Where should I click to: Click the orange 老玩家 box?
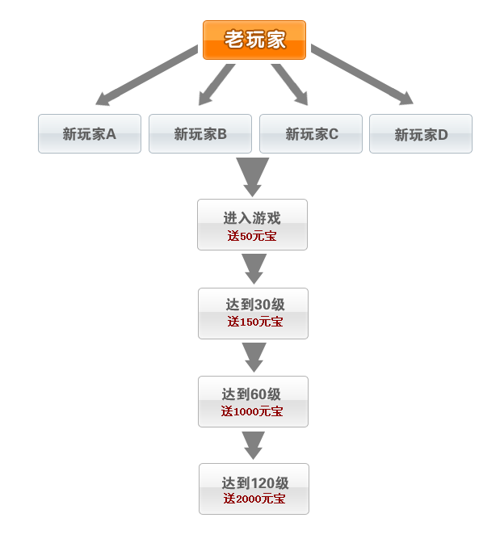coord(254,40)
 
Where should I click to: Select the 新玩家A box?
coord(90,133)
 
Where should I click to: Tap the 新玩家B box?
coord(200,133)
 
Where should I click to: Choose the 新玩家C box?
coord(311,133)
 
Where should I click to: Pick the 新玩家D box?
coord(421,133)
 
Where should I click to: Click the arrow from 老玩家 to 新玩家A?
coord(147,75)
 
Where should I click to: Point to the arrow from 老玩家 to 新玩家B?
coord(217,84)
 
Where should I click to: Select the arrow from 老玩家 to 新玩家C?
coord(289,84)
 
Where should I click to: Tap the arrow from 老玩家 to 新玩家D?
coord(362,74)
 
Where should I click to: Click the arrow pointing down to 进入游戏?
coord(252,177)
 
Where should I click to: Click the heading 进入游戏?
coord(252,218)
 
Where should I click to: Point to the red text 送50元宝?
coord(252,236)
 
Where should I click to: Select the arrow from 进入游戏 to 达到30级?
coord(254,269)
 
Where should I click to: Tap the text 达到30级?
coord(255,304)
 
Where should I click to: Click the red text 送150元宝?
coord(255,322)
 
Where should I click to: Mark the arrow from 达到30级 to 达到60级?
coord(254,357)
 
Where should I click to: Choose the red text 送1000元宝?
coord(252,411)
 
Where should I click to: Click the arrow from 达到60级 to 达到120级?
coord(254,445)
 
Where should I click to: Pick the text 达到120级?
coord(255,483)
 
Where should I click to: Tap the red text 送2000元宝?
coord(254,499)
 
